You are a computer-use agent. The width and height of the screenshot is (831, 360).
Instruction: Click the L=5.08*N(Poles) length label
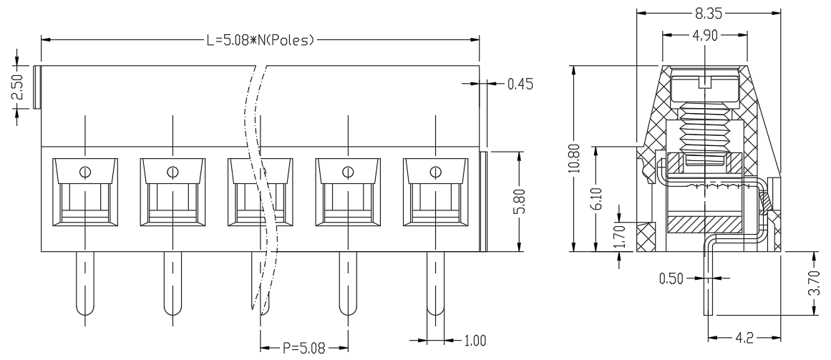[x=261, y=40]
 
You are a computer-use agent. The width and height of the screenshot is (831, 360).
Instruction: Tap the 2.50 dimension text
[x=17, y=87]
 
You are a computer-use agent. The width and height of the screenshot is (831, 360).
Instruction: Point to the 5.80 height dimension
[x=520, y=202]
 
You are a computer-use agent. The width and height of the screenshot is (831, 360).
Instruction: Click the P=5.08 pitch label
[x=303, y=349]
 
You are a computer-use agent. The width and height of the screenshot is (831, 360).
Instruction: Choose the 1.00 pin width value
[x=475, y=341]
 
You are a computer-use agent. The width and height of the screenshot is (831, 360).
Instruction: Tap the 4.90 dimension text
[x=704, y=36]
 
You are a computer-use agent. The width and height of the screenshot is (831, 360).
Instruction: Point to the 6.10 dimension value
[x=598, y=198]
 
